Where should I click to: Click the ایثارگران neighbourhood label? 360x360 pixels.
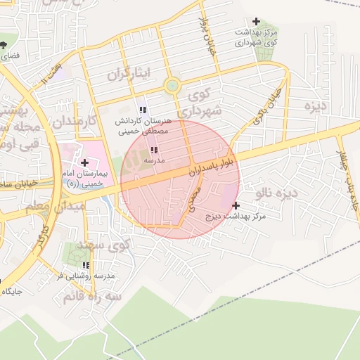tap(129, 74)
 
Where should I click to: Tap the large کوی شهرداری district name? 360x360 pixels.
tap(200, 102)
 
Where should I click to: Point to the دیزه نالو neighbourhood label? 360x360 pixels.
tap(276, 192)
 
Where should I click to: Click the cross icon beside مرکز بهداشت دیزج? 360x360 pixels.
tap(236, 205)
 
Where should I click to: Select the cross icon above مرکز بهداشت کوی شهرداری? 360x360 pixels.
tap(255, 22)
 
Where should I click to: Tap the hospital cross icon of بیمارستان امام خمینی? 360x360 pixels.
tap(84, 162)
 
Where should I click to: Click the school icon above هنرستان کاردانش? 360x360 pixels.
tap(143, 110)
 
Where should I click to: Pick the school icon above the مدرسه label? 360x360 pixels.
tap(154, 150)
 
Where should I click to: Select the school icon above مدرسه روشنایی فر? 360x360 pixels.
tap(86, 265)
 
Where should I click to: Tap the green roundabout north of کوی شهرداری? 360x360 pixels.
tap(171, 87)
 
